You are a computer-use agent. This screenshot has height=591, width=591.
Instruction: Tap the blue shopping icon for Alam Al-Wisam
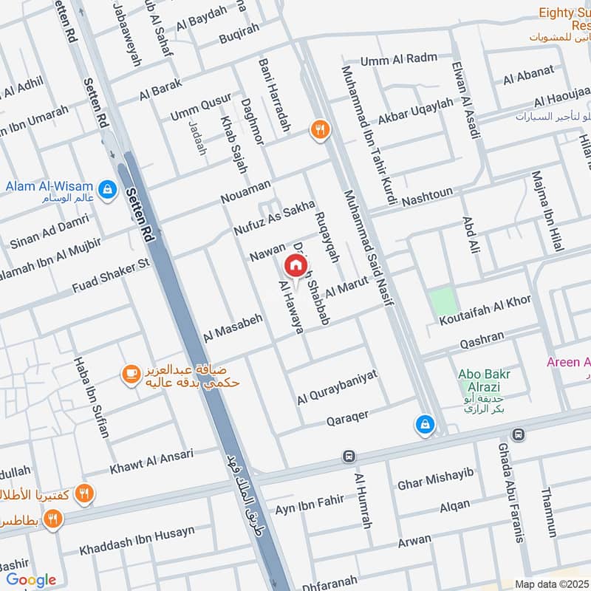pyautogui.click(x=108, y=189)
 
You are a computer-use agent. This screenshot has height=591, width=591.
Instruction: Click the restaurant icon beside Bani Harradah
pyautogui.click(x=320, y=131)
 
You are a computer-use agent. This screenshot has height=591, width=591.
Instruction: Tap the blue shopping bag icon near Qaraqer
pyautogui.click(x=425, y=424)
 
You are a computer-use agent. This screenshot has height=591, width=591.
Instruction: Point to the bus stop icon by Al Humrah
pyautogui.click(x=349, y=457)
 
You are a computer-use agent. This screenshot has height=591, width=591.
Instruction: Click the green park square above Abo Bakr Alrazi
pyautogui.click(x=442, y=302)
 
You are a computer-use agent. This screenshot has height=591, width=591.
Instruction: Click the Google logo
pyautogui.click(x=30, y=580)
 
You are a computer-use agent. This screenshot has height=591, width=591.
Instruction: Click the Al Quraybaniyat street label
pyautogui.click(x=337, y=387)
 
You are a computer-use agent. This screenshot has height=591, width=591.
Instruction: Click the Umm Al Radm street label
pyautogui.click(x=399, y=59)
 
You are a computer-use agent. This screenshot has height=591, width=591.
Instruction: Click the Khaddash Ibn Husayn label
pyautogui.click(x=137, y=541)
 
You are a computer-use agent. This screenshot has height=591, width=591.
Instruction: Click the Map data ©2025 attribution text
pyautogui.click(x=551, y=584)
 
